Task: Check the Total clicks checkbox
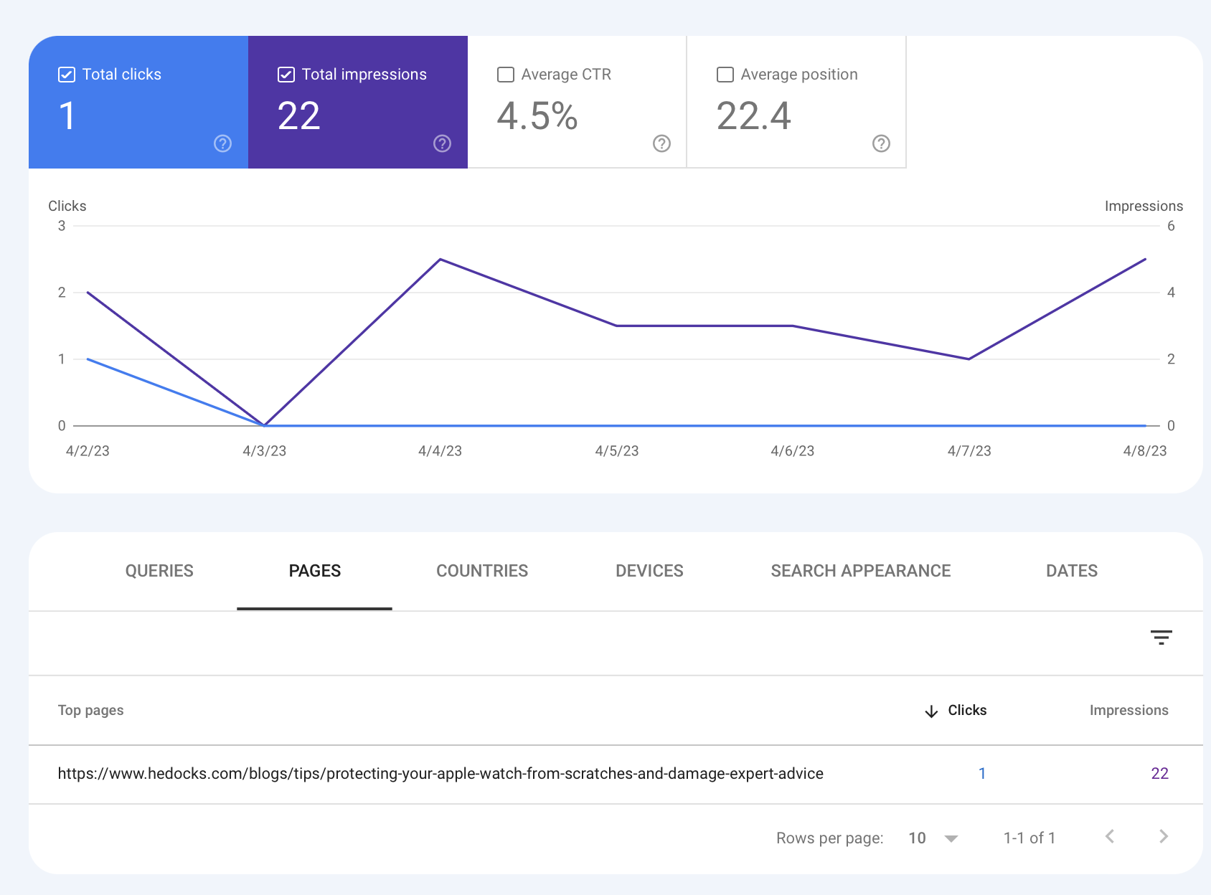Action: (x=67, y=75)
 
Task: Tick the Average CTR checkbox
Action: (x=506, y=75)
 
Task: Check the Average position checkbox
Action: (x=725, y=75)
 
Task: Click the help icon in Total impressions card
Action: (x=442, y=143)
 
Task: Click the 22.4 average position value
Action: (x=753, y=116)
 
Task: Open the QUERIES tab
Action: (x=159, y=571)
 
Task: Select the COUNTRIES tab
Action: (x=482, y=571)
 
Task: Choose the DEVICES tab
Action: (x=649, y=571)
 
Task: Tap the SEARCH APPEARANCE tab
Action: (x=860, y=571)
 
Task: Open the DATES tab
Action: (x=1071, y=571)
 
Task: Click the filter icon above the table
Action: (x=1161, y=637)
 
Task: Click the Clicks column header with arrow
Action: (x=956, y=710)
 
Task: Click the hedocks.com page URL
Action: (x=440, y=774)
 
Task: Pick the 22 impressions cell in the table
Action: (x=1159, y=774)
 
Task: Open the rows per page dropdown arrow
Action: (x=951, y=838)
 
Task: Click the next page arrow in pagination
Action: (x=1163, y=836)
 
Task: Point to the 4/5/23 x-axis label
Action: (x=616, y=451)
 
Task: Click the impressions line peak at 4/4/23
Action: (x=440, y=260)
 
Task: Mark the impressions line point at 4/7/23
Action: (x=969, y=359)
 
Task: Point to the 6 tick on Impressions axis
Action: (x=1171, y=226)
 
